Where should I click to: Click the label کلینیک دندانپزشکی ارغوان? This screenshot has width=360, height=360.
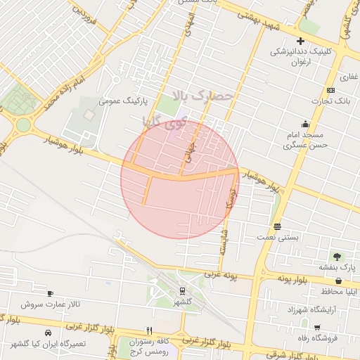point(303,57)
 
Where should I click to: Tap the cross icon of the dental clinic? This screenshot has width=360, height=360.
point(300,41)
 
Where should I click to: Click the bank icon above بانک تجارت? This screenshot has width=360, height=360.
point(330,91)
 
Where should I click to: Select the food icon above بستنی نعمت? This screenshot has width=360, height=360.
point(277,226)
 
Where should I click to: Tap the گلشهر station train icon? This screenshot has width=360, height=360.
point(182,290)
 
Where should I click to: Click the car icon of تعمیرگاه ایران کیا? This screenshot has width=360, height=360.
point(48,332)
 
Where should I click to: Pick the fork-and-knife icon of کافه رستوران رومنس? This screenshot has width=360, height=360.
point(148,330)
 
